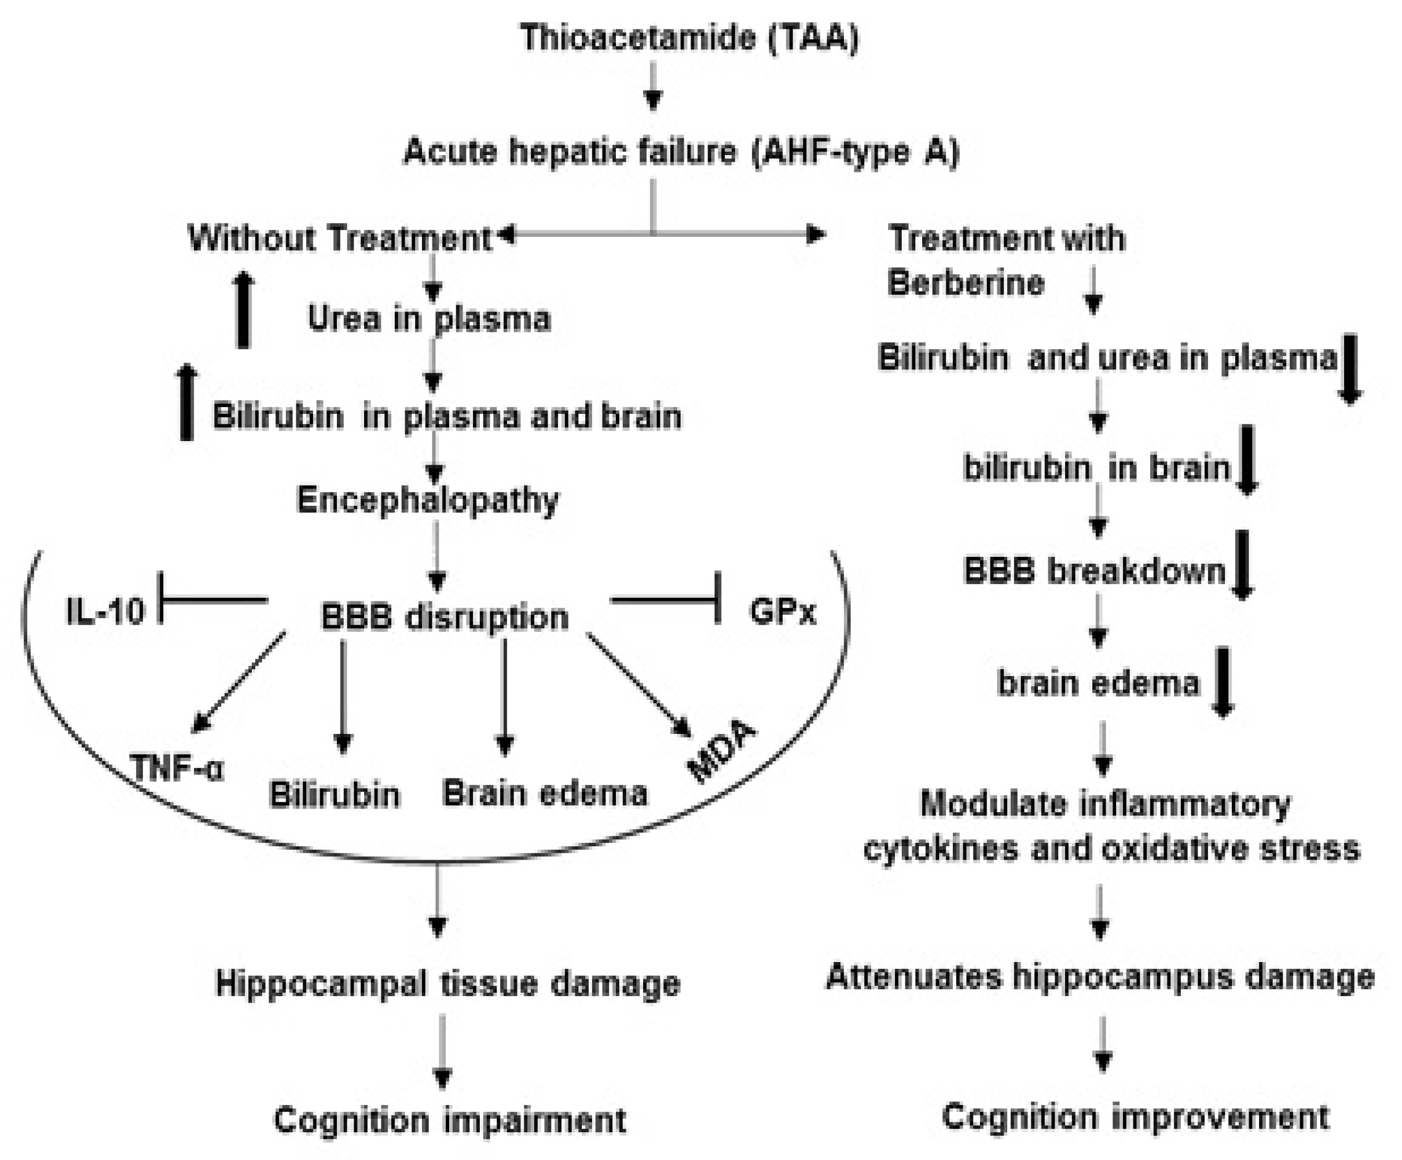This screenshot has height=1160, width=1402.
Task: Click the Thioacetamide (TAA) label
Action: [689, 38]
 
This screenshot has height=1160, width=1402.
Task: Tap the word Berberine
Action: [966, 283]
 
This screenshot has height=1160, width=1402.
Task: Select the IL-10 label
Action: [105, 610]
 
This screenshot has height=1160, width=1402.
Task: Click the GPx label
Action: [783, 611]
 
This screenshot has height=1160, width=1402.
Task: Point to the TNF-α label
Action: [178, 768]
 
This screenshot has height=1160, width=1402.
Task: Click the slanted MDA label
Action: [722, 751]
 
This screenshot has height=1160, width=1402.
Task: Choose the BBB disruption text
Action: [445, 616]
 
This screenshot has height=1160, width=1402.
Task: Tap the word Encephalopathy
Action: [427, 500]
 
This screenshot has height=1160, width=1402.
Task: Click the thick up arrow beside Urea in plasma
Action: [244, 310]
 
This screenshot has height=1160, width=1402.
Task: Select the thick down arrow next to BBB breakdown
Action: [1242, 564]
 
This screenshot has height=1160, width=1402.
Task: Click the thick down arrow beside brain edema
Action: [1223, 682]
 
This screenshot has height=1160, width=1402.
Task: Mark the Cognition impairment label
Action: [450, 1120]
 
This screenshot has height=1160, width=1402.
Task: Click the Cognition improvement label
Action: [1135, 1117]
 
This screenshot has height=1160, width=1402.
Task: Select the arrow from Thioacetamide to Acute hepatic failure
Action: [653, 87]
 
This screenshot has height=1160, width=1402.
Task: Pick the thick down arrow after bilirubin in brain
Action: [1248, 461]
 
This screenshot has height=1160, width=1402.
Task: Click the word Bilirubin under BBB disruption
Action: [335, 795]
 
